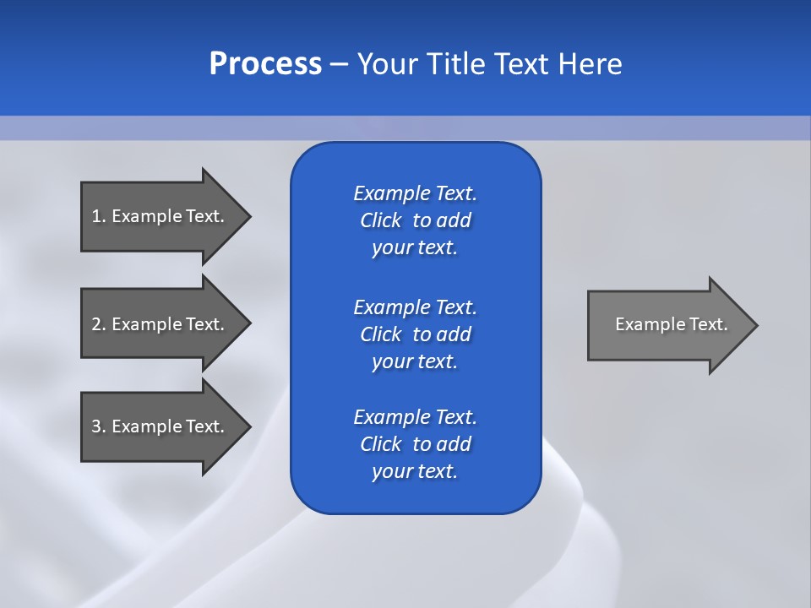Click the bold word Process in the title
click(x=265, y=64)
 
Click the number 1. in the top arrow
click(x=99, y=216)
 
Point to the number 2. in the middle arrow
click(x=99, y=324)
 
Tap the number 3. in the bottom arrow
click(x=99, y=426)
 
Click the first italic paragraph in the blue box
click(x=415, y=220)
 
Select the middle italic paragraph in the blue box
click(x=415, y=334)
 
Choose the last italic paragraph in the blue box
click(x=415, y=444)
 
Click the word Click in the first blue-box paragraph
click(x=380, y=220)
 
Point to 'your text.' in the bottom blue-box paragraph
click(x=415, y=471)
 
